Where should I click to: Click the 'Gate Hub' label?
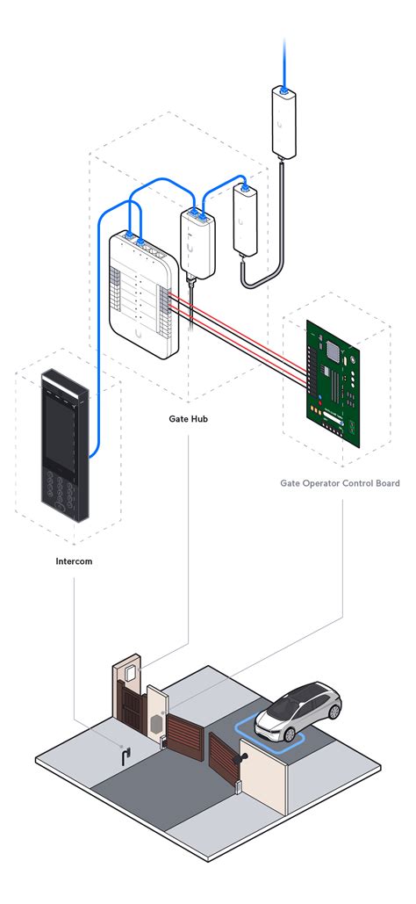click(188, 418)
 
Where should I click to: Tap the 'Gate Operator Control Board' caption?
click(340, 483)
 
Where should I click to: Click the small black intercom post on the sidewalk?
click(126, 756)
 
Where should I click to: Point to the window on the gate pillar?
click(130, 675)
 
